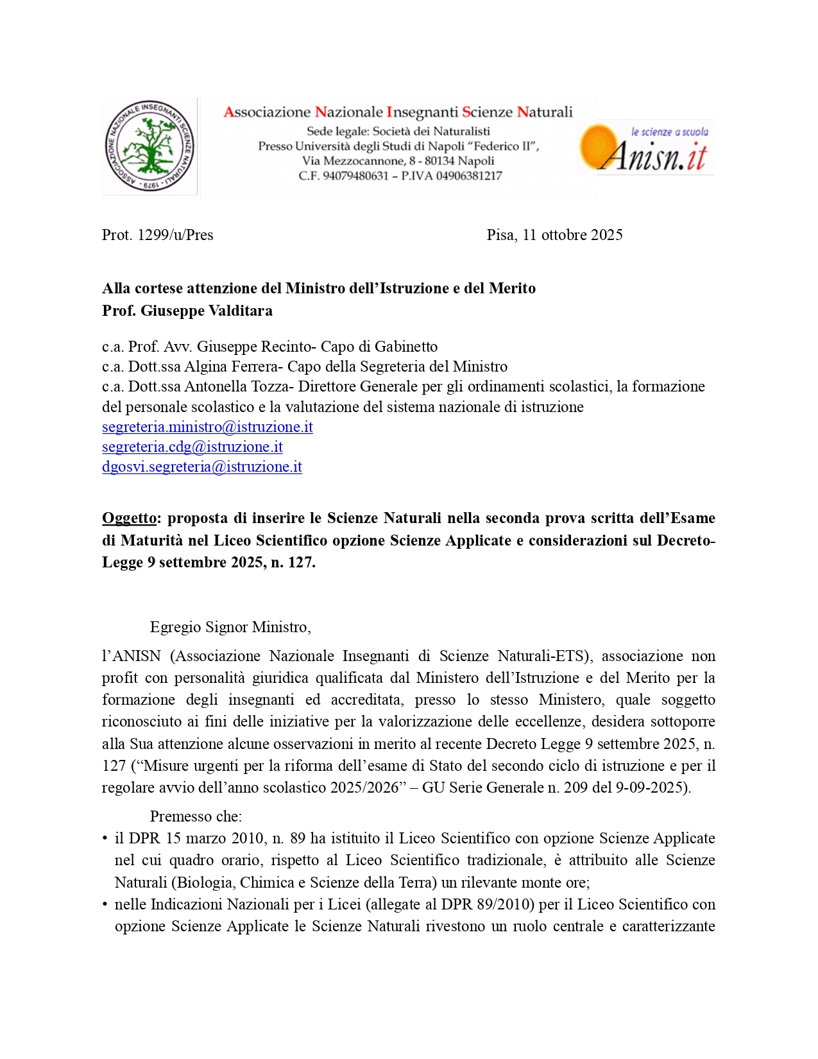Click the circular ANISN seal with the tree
(149, 146)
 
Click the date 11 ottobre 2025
(572, 235)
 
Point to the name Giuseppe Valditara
(207, 311)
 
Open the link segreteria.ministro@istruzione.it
(207, 427)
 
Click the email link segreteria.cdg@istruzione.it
(192, 447)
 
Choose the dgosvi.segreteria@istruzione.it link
(201, 467)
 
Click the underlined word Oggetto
(129, 518)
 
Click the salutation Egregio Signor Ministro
(230, 627)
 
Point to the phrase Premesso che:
(196, 816)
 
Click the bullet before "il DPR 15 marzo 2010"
(105, 839)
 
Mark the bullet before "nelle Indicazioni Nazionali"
(105, 905)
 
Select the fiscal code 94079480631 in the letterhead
(355, 176)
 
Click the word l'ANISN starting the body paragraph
(132, 656)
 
